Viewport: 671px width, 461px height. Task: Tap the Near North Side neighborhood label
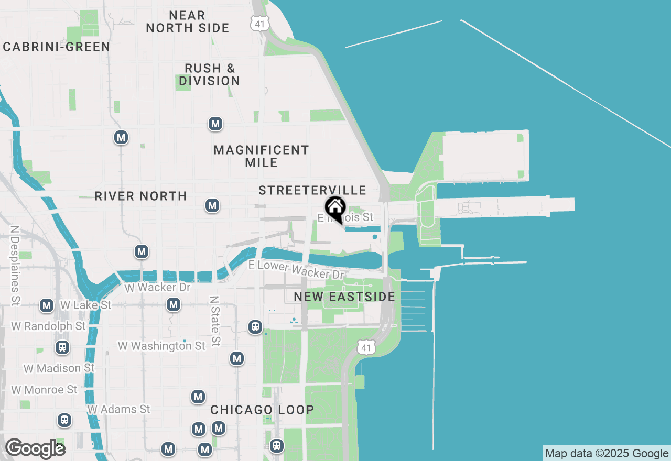point(187,21)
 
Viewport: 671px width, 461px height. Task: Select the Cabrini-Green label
point(57,47)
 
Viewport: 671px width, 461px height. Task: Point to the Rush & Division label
point(210,74)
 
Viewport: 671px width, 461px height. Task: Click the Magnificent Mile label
point(261,156)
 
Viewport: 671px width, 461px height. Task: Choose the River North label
point(140,196)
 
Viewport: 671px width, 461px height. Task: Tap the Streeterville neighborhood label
point(312,190)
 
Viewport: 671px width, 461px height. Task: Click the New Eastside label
point(344,297)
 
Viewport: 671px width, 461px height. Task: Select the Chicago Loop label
point(262,410)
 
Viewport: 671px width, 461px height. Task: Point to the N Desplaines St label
point(15,266)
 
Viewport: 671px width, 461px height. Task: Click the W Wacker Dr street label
point(157,288)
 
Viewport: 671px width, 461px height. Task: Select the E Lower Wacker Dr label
point(296,269)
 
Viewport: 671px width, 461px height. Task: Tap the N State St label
point(214,321)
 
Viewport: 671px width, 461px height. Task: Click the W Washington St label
point(161,346)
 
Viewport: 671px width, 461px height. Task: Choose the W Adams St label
point(118,409)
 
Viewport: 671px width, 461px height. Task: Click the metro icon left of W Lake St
point(47,305)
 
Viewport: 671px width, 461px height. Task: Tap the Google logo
point(35,448)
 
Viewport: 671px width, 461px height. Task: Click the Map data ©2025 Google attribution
point(607,454)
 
